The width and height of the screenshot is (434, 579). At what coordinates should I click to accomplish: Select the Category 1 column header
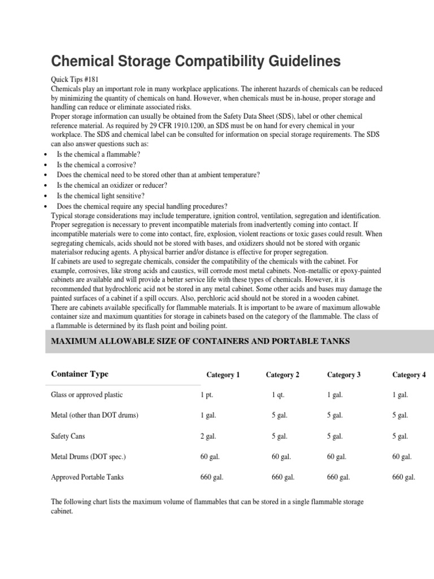pyautogui.click(x=223, y=375)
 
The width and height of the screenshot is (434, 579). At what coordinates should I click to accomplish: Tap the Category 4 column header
pyautogui.click(x=409, y=375)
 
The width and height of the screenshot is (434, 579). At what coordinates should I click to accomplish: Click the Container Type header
pyautogui.click(x=80, y=374)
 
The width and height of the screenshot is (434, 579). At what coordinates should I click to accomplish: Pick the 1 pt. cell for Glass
pyautogui.click(x=206, y=395)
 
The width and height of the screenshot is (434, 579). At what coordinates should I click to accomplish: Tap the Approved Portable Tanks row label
pyautogui.click(x=87, y=477)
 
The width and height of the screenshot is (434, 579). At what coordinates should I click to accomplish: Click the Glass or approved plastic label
pyautogui.click(x=86, y=395)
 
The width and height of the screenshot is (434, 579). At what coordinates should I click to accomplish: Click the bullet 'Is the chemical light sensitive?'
pyautogui.click(x=97, y=196)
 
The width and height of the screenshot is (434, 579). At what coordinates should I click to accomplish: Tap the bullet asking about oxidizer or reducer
pyautogui.click(x=104, y=185)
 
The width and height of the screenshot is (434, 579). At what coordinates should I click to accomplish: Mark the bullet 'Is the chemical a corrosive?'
pyautogui.click(x=97, y=165)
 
